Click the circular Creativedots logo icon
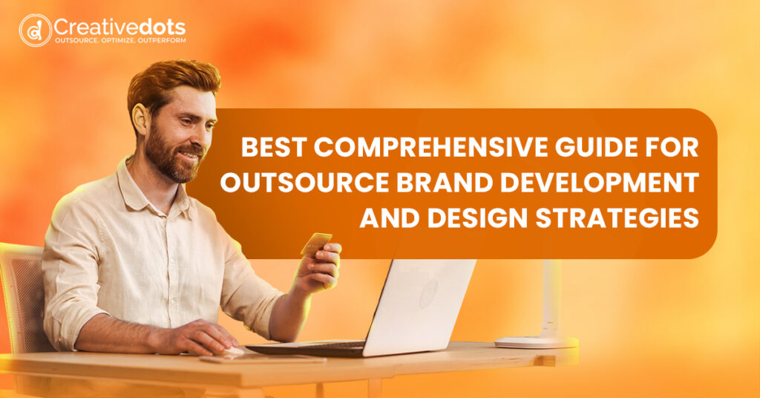pos(35,30)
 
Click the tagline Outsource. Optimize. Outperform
pos(120,40)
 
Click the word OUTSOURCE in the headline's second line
pos(304,183)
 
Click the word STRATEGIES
pos(617,218)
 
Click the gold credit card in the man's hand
pos(316,244)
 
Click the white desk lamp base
pos(536,342)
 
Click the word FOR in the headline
pos(675,147)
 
